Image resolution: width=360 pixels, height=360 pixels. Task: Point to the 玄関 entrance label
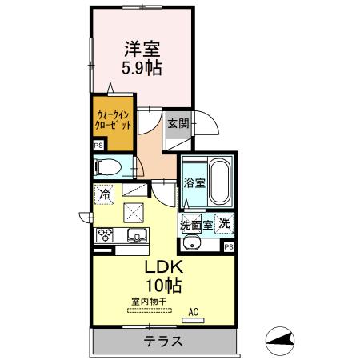pos(178,123)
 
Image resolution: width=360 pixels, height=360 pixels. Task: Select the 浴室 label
pos(194,182)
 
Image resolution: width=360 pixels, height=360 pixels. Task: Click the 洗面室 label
pos(196,224)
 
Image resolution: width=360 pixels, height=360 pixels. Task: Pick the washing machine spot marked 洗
pos(225,224)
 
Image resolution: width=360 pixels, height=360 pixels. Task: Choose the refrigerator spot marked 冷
pos(105,193)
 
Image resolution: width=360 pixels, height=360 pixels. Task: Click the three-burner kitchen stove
pos(105,235)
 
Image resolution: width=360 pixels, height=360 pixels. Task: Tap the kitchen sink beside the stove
pos(135,235)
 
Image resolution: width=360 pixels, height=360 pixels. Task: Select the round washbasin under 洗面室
pos(193,244)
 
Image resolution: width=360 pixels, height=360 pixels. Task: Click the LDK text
pos(163,267)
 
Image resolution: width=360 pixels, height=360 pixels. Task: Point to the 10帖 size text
pos(163,286)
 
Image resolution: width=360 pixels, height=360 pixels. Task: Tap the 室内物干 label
pos(149,302)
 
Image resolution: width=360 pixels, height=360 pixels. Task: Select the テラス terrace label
pos(163,342)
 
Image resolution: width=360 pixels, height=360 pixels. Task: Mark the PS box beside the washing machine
pos(229,247)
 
